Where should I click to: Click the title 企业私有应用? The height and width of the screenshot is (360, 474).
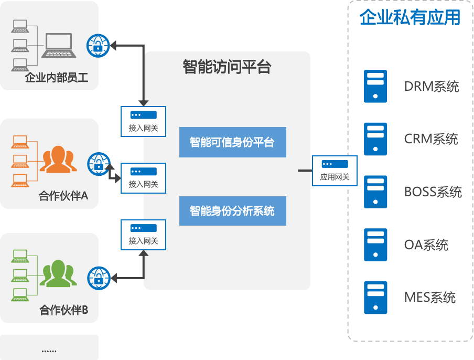point(410,17)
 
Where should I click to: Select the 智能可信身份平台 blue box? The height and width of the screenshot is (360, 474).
point(233,142)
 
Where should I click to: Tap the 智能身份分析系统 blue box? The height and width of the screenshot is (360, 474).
point(233,211)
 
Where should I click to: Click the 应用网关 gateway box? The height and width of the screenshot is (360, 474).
point(335,171)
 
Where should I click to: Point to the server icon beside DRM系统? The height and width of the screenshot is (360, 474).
point(375,86)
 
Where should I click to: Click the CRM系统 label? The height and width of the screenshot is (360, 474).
point(431,139)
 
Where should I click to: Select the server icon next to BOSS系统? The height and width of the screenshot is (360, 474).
point(375,192)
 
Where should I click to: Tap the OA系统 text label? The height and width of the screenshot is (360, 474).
point(426,245)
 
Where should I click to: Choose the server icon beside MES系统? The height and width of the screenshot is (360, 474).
point(375,298)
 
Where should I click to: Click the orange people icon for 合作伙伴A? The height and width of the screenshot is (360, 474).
point(58,160)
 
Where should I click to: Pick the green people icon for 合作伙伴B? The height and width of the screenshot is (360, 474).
point(58,273)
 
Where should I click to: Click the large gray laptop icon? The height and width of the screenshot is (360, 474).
point(59,45)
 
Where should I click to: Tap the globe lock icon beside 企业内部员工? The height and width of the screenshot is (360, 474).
point(98,46)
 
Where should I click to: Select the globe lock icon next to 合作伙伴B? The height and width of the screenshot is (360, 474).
point(99,278)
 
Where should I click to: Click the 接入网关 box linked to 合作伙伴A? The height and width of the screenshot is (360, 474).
point(143,178)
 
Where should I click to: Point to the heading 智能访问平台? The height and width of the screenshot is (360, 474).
point(227,67)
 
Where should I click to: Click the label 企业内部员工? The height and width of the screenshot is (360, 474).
point(57,78)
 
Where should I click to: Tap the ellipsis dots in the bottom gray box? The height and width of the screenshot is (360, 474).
point(49,351)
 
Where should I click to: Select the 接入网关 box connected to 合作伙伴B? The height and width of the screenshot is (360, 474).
point(143,235)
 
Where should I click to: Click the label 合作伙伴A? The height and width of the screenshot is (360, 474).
point(63,196)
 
